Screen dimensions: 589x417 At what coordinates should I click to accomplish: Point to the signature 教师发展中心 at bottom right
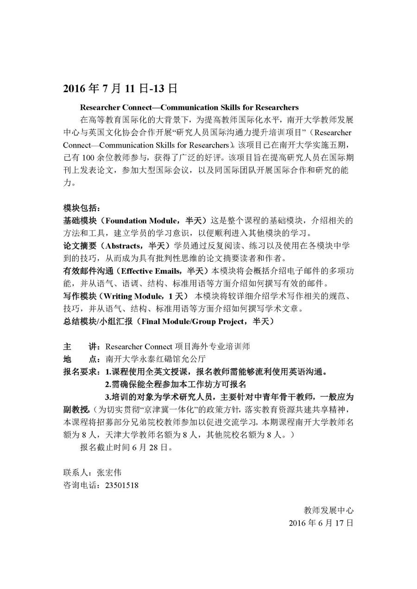(x=329, y=510)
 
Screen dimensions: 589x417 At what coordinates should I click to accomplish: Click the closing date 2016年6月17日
(x=321, y=523)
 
